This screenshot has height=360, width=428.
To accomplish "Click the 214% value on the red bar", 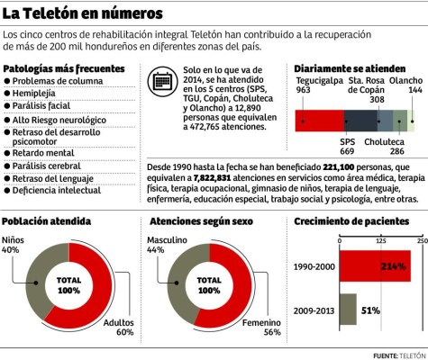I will (x=394, y=266).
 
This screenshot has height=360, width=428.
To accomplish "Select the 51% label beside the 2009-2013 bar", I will (x=369, y=310).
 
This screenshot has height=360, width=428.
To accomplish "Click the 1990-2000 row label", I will (x=314, y=267).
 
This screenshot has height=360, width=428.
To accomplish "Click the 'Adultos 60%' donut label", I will (x=118, y=326).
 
